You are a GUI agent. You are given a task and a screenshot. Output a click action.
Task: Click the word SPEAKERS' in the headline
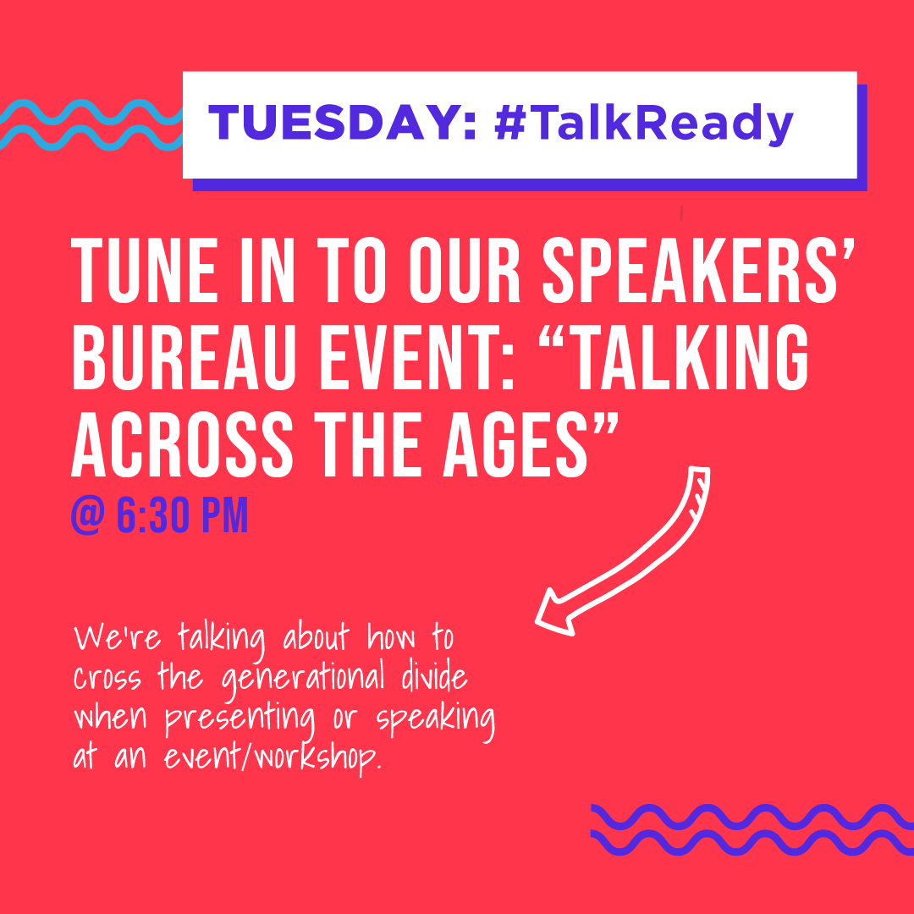[x=698, y=271]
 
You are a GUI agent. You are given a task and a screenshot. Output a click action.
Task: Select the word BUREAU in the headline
[x=181, y=357]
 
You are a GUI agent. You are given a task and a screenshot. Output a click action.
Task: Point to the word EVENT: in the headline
[x=416, y=357]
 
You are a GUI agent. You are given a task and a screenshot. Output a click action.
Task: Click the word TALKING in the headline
[x=674, y=357]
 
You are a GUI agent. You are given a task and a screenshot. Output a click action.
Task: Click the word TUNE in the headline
[x=145, y=271]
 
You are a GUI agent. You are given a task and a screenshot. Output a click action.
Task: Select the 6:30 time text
[x=152, y=515]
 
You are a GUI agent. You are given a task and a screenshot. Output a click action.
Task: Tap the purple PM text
[x=224, y=515]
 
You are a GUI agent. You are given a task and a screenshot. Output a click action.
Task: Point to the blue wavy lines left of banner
[x=91, y=124]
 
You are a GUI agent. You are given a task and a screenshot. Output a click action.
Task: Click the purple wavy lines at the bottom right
[x=752, y=830]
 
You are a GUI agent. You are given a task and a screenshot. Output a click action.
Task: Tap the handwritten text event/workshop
[x=273, y=757]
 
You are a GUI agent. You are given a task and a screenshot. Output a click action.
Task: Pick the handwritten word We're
[x=117, y=636]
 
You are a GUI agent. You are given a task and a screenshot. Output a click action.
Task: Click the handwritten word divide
[x=434, y=675]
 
